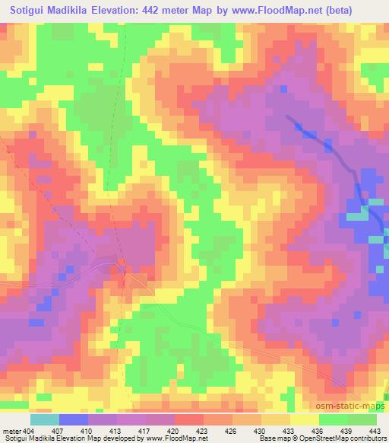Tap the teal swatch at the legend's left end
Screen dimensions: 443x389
coord(45,419)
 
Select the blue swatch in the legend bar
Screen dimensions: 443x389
coord(73,419)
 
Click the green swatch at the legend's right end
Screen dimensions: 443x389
coord(362,419)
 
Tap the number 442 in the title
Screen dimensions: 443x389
coord(180,11)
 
